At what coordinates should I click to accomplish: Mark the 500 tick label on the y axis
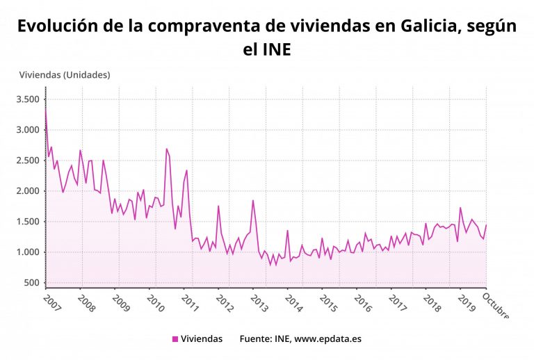[x=31, y=283]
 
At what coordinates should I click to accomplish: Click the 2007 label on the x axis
[x=50, y=303]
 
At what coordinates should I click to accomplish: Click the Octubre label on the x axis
[x=495, y=306]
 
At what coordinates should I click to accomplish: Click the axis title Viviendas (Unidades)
[x=64, y=74]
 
